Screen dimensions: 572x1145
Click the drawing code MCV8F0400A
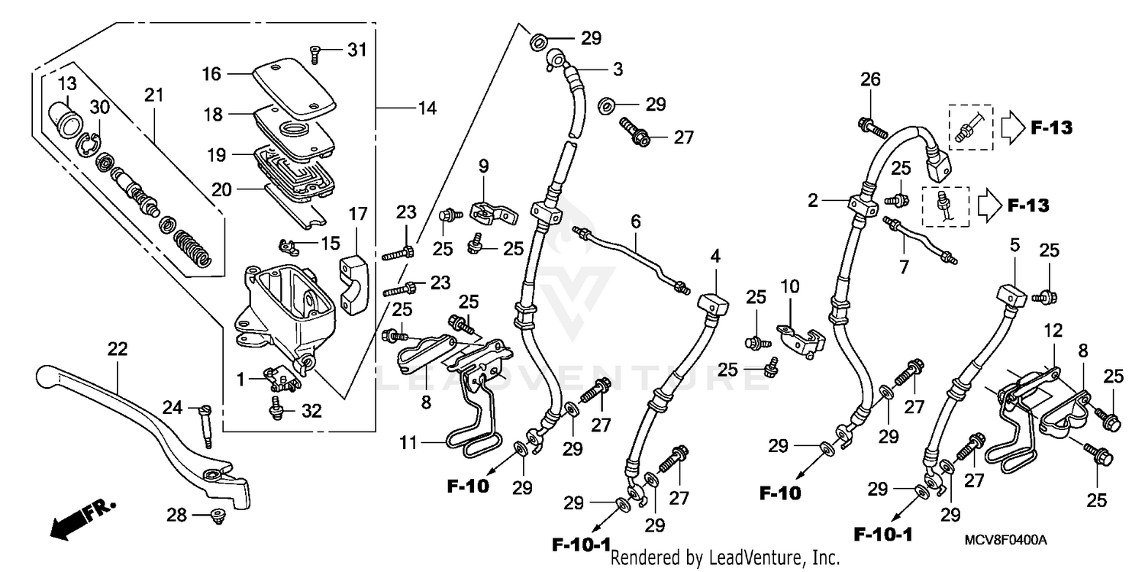click(x=1004, y=540)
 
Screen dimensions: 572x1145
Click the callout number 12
click(x=1053, y=331)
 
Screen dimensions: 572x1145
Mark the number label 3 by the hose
click(x=618, y=69)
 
